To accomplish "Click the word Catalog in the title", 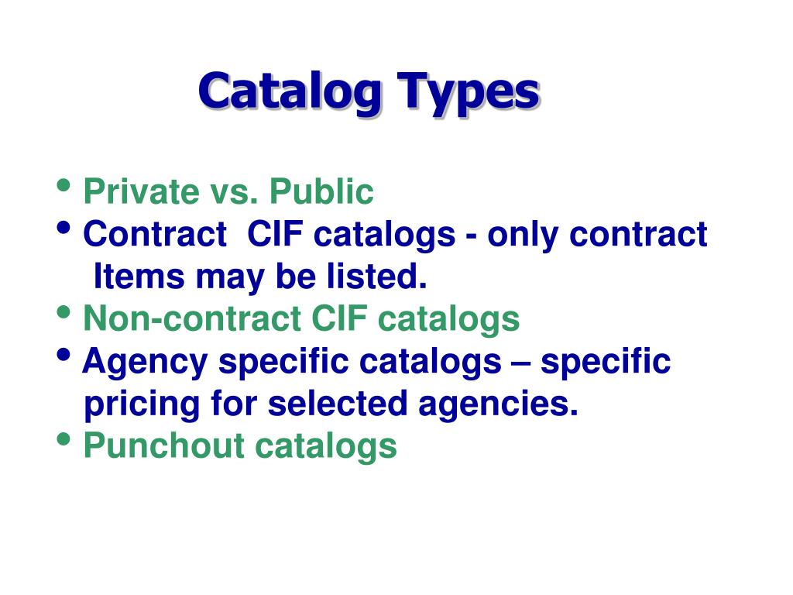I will pyautogui.click(x=289, y=93).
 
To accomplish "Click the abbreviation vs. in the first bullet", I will pyautogui.click(x=229, y=192).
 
